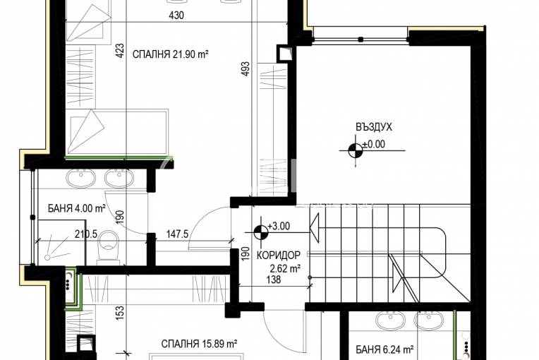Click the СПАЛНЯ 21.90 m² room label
pyautogui.click(x=171, y=54)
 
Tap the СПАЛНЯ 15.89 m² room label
pyautogui.click(x=200, y=344)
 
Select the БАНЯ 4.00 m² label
pyautogui.click(x=76, y=208)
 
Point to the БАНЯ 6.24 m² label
pyautogui.click(x=384, y=349)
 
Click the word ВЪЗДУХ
pyautogui.click(x=374, y=127)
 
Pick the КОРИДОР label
pyautogui.click(x=279, y=255)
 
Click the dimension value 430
pyautogui.click(x=176, y=15)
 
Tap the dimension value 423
pyautogui.click(x=120, y=50)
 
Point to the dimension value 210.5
pyautogui.click(x=86, y=234)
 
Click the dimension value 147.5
pyautogui.click(x=177, y=234)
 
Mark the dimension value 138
pyautogui.click(x=274, y=280)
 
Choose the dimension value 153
pyautogui.click(x=120, y=313)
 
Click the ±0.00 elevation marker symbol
pyautogui.click(x=356, y=150)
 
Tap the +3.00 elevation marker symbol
pyautogui.click(x=261, y=232)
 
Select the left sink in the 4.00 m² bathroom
pyautogui.click(x=80, y=179)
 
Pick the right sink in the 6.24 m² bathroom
pyautogui.click(x=429, y=320)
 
